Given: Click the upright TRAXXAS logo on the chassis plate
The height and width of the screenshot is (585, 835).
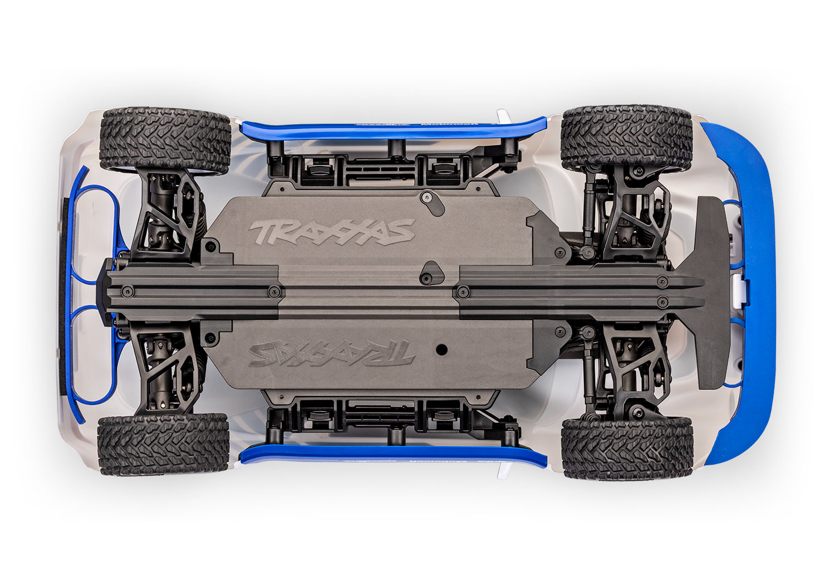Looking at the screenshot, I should coord(332,232).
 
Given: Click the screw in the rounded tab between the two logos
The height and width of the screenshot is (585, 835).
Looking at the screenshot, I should coord(427,277).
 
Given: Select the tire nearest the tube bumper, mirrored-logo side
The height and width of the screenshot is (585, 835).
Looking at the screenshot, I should coord(163,444).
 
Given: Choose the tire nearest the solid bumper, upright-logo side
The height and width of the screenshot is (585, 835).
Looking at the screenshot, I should coord(626,138).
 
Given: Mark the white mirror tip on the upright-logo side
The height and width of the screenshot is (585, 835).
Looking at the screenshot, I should coord(504,115).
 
